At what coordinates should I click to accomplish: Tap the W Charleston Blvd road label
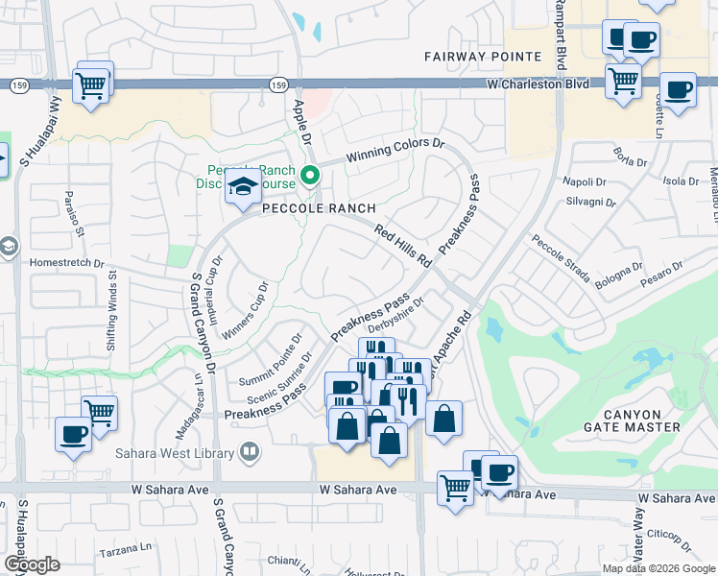[537, 84]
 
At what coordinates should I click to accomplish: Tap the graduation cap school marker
[243, 186]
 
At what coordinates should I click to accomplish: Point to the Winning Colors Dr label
[396, 151]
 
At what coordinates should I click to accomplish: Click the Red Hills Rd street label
[404, 248]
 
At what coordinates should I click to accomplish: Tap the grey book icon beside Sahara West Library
[250, 451]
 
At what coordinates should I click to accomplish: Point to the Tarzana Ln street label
[126, 554]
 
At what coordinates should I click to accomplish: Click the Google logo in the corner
[32, 564]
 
